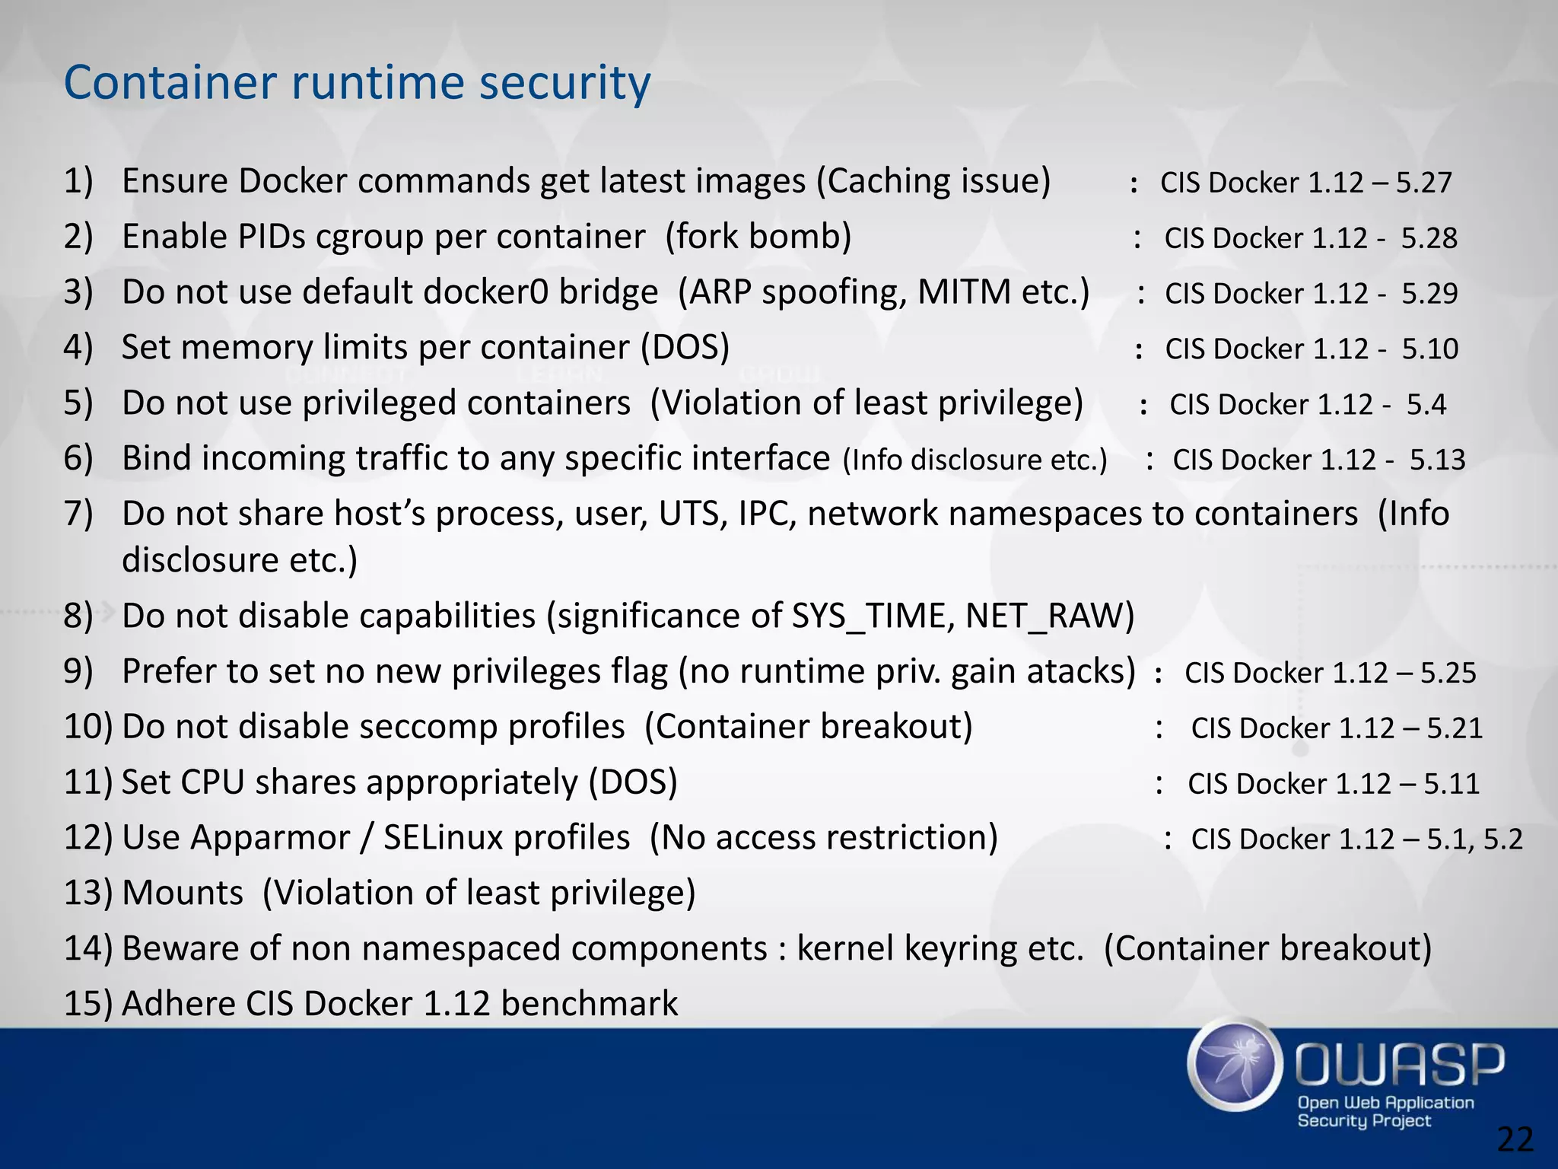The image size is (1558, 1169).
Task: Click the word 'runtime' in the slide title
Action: click(378, 82)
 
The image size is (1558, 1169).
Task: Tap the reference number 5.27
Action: click(1423, 183)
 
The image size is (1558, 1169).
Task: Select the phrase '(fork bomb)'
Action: click(758, 237)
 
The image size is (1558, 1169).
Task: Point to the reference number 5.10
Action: click(1430, 349)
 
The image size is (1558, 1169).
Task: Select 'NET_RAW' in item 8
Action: click(1050, 616)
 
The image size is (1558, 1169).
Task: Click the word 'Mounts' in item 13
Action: click(183, 893)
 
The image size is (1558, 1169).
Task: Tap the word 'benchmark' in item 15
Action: click(589, 1004)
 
